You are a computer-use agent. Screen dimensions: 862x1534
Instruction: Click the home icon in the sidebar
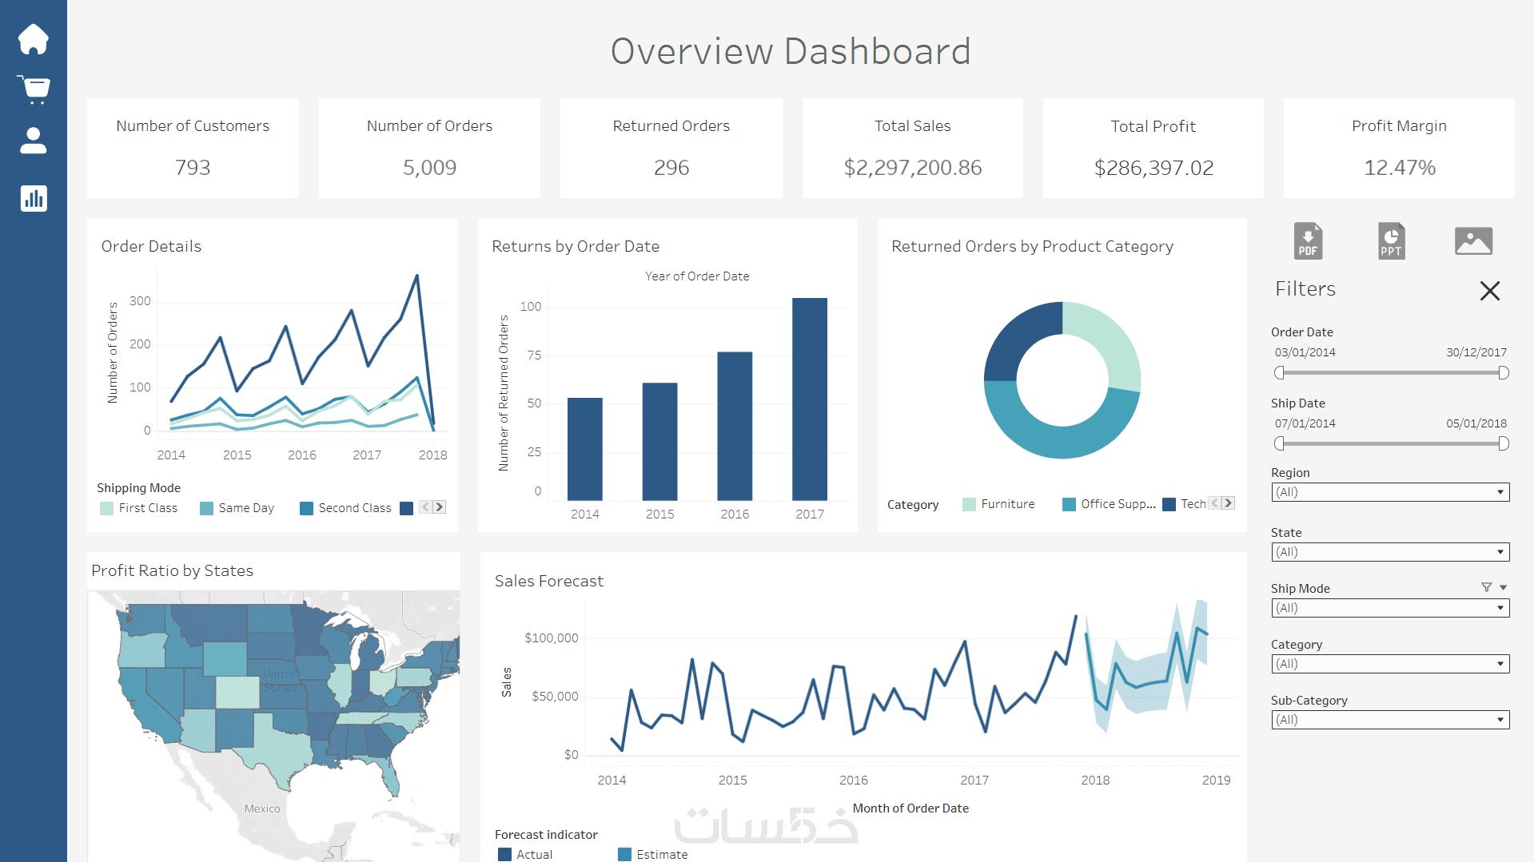pos(34,39)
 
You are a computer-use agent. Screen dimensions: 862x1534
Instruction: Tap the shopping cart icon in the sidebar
pos(34,89)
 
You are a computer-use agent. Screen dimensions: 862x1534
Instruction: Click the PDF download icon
pos(1308,240)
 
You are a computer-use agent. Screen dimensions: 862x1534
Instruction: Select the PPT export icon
pos(1391,240)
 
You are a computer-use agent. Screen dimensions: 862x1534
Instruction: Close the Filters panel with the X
pos(1489,291)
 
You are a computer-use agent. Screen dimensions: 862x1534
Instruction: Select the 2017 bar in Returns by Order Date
pos(809,399)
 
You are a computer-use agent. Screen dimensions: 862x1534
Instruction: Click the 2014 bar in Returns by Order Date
pos(584,449)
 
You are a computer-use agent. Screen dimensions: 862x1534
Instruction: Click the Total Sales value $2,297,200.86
pos(912,168)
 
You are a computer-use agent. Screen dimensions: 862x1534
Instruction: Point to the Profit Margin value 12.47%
pos(1399,168)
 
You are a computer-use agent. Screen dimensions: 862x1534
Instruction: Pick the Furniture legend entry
pos(1007,504)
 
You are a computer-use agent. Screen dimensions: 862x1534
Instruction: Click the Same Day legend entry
pos(245,508)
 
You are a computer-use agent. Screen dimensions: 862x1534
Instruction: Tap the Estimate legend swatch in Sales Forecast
pos(625,854)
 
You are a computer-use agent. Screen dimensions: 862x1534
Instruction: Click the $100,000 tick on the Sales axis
pos(551,638)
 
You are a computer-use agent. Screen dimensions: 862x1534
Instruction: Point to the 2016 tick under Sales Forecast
pos(853,780)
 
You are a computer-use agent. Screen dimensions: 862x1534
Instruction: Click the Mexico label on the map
pos(262,808)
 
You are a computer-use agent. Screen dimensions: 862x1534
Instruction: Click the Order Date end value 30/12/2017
pos(1476,352)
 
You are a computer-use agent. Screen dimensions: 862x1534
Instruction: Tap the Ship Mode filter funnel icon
pos(1486,587)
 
